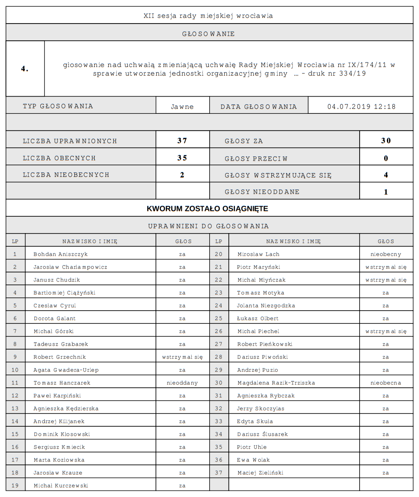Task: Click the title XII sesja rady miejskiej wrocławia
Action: coord(208,15)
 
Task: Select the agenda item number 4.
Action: coord(24,69)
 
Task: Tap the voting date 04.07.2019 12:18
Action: coord(361,107)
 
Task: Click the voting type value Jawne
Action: coord(182,107)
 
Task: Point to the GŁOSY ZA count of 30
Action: coord(386,141)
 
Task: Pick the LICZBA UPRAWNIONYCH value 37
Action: coord(182,141)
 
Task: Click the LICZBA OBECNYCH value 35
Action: coord(182,158)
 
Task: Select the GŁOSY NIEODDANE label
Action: coord(262,192)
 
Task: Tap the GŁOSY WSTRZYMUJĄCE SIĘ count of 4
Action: coord(386,175)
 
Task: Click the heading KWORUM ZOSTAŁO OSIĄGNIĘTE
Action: coord(207,209)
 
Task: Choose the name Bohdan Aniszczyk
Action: coord(61,254)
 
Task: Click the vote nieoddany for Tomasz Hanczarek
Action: coord(182,383)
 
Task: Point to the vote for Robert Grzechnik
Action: coord(182,357)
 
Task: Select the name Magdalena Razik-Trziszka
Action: coord(276,383)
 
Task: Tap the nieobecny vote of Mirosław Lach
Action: coord(385,254)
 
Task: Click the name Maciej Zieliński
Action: coord(260,473)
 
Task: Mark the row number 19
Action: coord(15,486)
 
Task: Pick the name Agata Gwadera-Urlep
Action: coord(66,370)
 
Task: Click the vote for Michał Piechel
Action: coord(385,331)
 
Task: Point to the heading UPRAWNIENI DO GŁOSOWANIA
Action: coord(208,226)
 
